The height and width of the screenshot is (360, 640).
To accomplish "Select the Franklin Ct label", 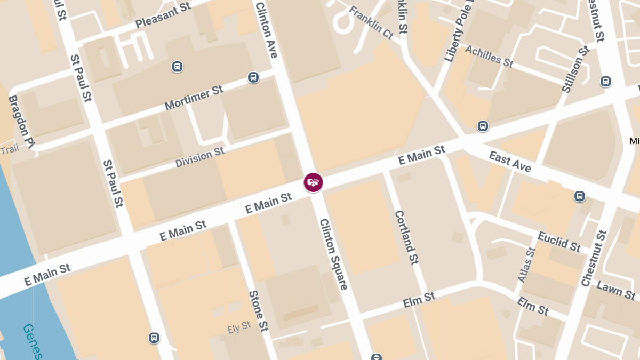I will pyautogui.click(x=371, y=23).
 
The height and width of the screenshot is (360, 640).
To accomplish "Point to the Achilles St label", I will pyautogui.click(x=489, y=57).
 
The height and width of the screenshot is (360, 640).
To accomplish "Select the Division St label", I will pyautogui.click(x=200, y=158).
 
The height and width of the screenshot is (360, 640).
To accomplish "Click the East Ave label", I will pyautogui.click(x=510, y=162).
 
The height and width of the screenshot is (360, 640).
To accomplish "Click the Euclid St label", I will pyautogui.click(x=559, y=241).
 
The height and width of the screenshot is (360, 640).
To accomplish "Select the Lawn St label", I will pyautogui.click(x=617, y=291).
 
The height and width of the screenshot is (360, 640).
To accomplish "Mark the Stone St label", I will pyautogui.click(x=258, y=311).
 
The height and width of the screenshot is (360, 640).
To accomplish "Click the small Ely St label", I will pyautogui.click(x=238, y=327).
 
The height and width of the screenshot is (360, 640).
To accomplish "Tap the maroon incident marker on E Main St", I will pyautogui.click(x=313, y=182).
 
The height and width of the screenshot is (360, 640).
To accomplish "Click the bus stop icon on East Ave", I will pyautogui.click(x=580, y=196).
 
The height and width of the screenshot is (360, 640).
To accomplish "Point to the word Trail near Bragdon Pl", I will pyautogui.click(x=10, y=150).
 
